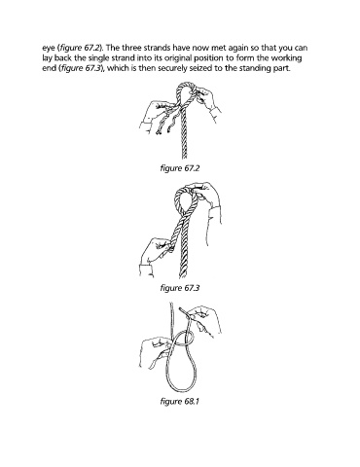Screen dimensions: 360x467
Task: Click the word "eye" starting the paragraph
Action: tap(49, 49)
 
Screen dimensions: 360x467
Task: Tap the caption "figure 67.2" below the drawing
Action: tap(179, 168)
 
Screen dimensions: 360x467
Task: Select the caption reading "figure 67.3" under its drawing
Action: tap(179, 288)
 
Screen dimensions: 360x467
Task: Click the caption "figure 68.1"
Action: tap(179, 402)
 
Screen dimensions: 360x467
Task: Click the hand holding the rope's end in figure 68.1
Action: tap(203, 319)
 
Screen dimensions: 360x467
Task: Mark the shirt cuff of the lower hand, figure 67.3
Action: tap(147, 270)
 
